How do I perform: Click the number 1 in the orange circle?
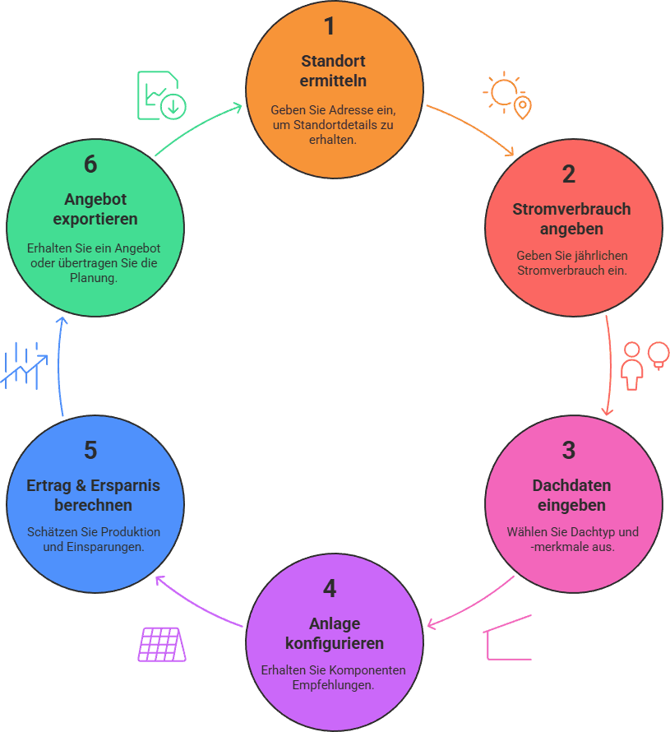pyautogui.click(x=330, y=26)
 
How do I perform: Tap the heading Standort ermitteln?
pyautogui.click(x=333, y=71)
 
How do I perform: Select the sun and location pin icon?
pyautogui.click(x=507, y=95)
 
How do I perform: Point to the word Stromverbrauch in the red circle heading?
pyautogui.click(x=571, y=209)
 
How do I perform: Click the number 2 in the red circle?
pyautogui.click(x=569, y=174)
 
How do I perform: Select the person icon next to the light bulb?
pyautogui.click(x=631, y=366)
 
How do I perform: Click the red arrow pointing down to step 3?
pyautogui.click(x=609, y=365)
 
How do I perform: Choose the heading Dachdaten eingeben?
pyautogui.click(x=571, y=495)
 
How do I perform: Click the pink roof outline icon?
pyautogui.click(x=507, y=637)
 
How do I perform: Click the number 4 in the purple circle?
pyautogui.click(x=330, y=589)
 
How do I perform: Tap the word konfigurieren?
pyautogui.click(x=335, y=643)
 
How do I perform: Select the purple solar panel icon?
pyautogui.click(x=162, y=644)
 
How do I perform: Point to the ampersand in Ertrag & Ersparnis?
pyautogui.click(x=81, y=485)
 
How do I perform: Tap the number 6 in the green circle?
pyautogui.click(x=90, y=164)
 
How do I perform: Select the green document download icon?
pyautogui.click(x=162, y=95)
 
